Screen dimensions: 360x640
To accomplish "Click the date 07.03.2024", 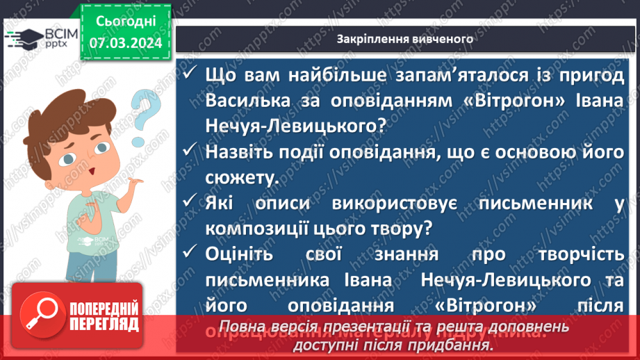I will (125, 44).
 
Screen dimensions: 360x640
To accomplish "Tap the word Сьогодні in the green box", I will (125, 22).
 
